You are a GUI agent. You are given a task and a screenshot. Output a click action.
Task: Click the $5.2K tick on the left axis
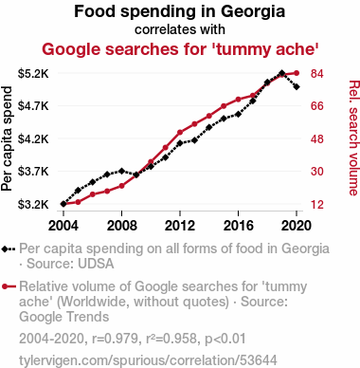click(x=33, y=74)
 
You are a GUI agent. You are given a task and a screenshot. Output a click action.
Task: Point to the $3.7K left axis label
click(x=33, y=172)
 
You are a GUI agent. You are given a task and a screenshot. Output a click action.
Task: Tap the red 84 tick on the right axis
click(x=317, y=74)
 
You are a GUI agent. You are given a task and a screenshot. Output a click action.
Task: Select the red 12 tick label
click(x=317, y=205)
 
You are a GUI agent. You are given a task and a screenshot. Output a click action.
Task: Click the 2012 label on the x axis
click(x=180, y=226)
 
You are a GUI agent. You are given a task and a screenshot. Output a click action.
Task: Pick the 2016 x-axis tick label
click(x=238, y=226)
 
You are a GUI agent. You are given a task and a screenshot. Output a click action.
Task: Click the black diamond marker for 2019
click(x=282, y=73)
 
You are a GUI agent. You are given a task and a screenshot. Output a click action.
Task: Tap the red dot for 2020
click(x=297, y=73)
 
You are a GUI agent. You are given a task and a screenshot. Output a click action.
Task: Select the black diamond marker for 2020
click(x=297, y=86)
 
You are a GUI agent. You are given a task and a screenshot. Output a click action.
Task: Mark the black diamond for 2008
click(x=121, y=171)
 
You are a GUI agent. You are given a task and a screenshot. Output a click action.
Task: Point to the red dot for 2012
click(x=180, y=132)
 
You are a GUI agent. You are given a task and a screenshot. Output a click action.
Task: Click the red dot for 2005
click(x=78, y=202)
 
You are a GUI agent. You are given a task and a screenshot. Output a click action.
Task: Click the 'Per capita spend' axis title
click(x=7, y=138)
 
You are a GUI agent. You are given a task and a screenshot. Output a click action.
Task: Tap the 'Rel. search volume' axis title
click(x=353, y=138)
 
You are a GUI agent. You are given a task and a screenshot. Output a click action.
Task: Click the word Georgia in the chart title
click(x=253, y=12)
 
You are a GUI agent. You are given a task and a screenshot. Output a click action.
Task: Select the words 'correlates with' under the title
click(x=180, y=29)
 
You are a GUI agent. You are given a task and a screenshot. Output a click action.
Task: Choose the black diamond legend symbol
click(x=9, y=248)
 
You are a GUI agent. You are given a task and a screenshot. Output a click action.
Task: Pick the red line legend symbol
click(x=9, y=286)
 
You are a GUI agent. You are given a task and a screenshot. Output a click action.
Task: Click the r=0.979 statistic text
click(x=115, y=339)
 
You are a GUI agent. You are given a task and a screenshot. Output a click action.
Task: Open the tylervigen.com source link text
click(x=148, y=360)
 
